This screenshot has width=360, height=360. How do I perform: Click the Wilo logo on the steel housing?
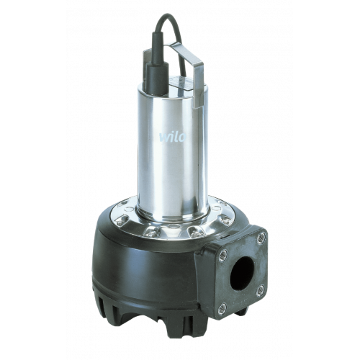tap(173, 137)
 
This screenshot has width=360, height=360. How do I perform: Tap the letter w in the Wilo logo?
tap(165, 138)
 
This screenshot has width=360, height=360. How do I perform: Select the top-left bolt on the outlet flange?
tap(224, 255)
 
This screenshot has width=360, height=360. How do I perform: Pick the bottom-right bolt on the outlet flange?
tap(260, 291)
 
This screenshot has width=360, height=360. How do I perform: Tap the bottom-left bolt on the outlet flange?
tap(222, 308)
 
